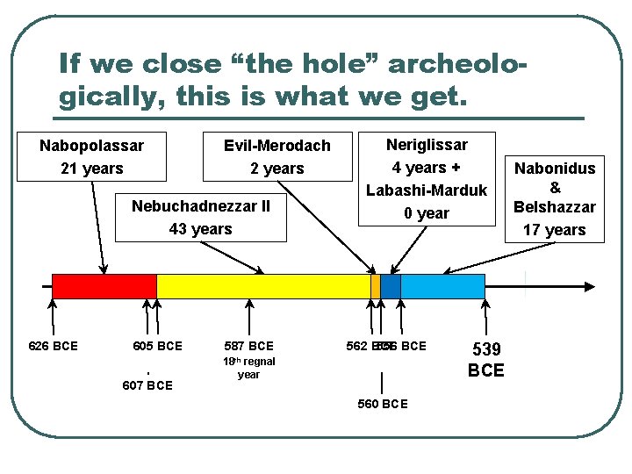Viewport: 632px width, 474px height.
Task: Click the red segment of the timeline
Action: pos(104,286)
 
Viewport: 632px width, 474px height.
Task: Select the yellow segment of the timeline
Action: pos(263,286)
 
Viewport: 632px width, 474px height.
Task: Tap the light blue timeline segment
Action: pos(442,286)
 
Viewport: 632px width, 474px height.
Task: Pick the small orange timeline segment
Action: pos(376,286)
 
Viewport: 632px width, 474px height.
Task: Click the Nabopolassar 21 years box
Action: pos(91,156)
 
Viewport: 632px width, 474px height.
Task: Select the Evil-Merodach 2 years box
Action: pos(276,157)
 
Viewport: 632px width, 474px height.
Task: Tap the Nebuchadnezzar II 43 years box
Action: pos(201,217)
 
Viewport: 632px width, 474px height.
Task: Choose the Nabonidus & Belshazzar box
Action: pos(555,197)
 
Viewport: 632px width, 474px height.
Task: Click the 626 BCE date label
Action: pos(53,346)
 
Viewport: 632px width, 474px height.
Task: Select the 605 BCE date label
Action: pos(157,346)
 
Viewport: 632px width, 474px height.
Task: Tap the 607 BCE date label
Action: pos(147,385)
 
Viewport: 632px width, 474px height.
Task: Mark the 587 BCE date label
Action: pos(249,346)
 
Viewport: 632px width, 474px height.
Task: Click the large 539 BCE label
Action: pos(486,360)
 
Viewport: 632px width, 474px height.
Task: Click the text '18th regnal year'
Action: pos(248,368)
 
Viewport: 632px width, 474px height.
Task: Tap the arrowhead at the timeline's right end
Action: pos(590,286)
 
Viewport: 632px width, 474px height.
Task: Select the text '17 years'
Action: pos(555,230)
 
